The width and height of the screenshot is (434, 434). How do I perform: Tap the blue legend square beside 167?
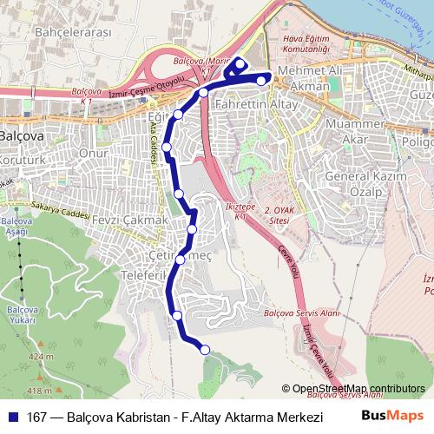(13, 417)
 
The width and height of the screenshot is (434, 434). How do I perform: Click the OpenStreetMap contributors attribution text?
(358, 389)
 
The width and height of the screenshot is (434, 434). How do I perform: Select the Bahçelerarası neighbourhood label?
(49, 33)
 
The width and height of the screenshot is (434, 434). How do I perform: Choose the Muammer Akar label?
(345, 132)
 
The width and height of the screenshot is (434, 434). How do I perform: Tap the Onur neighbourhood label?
(93, 151)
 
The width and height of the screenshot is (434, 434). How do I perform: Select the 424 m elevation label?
(41, 356)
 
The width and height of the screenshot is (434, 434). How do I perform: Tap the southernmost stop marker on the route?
(206, 350)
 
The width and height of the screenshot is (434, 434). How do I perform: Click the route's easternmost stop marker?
(261, 80)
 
